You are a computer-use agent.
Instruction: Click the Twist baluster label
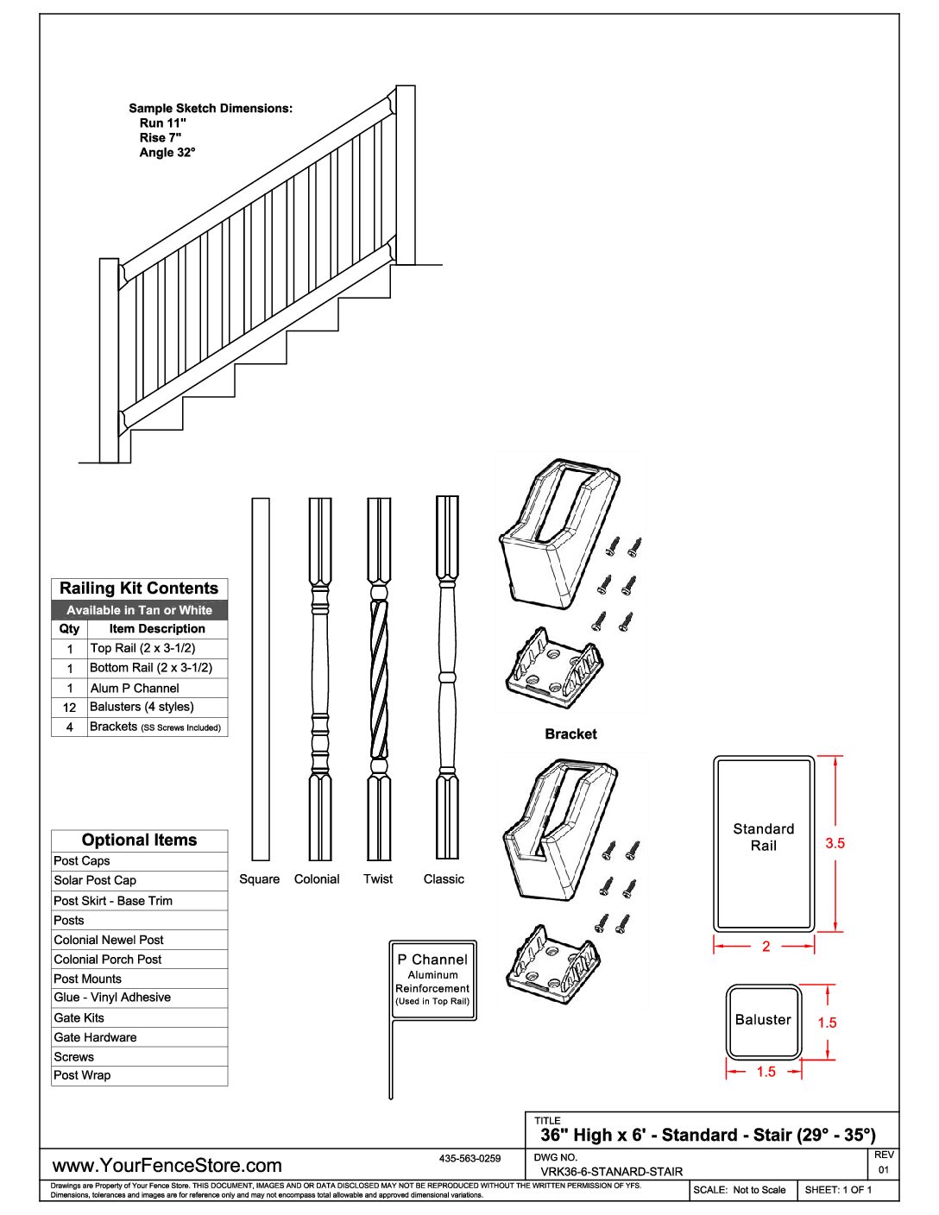(378, 878)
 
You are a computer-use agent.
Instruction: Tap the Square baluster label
(259, 878)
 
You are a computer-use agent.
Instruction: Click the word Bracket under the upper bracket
(570, 733)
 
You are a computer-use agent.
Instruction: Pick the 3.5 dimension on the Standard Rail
(835, 843)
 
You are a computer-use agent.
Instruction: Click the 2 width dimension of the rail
(766, 947)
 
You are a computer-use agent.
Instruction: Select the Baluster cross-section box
(764, 1021)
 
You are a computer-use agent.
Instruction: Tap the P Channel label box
(432, 979)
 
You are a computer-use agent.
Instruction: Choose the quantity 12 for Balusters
(70, 707)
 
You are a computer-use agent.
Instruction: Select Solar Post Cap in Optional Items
(95, 880)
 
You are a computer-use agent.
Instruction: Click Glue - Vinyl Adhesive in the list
(112, 997)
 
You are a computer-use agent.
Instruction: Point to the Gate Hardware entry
(95, 1037)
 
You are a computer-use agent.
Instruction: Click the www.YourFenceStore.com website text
(167, 1165)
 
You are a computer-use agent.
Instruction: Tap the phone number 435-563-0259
(469, 1158)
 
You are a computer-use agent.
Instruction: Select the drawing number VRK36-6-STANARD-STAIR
(611, 1172)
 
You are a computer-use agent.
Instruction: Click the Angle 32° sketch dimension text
(167, 152)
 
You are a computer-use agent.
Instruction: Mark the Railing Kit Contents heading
(139, 589)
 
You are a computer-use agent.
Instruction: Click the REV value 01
(884, 1170)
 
